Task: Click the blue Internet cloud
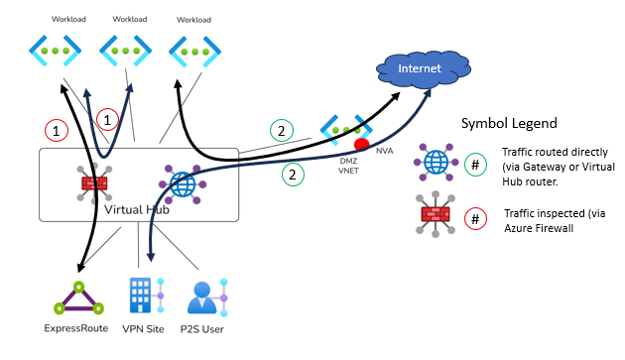tap(424, 69)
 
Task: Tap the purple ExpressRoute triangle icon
tap(79, 299)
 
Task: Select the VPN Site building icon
tap(147, 295)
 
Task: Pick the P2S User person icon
tap(207, 298)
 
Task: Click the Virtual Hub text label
tap(137, 209)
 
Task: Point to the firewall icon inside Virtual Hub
tap(94, 183)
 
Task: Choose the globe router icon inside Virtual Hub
tap(183, 184)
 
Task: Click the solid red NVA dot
tap(361, 145)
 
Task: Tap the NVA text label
tap(384, 151)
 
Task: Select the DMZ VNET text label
tap(348, 166)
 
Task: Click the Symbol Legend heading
tap(509, 123)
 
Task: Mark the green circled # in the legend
tap(475, 165)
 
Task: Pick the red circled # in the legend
tap(475, 219)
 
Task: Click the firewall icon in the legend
tap(436, 214)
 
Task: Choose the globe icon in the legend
tap(436, 163)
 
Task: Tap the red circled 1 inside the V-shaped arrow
tap(107, 120)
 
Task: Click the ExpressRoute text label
tap(76, 328)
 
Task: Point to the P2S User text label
tap(201, 329)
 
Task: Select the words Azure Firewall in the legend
tap(539, 228)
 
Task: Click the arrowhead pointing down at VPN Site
tap(151, 257)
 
